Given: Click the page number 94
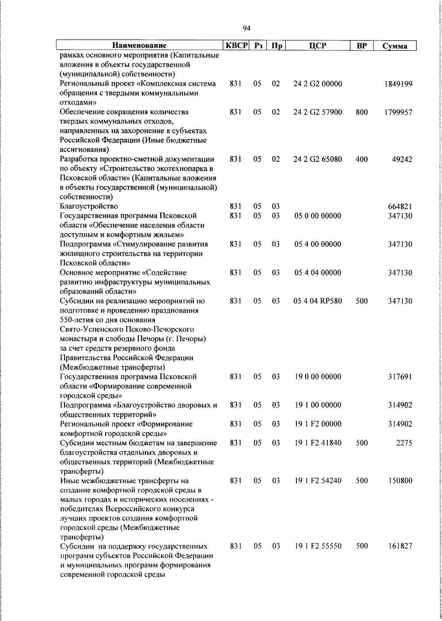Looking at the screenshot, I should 247,29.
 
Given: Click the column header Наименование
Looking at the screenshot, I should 139,46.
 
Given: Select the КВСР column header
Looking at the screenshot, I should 237,46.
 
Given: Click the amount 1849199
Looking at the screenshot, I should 398,84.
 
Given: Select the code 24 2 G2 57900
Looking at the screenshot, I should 318,112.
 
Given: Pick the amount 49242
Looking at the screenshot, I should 402,159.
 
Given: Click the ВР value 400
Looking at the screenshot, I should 362,159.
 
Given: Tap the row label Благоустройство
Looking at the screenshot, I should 89,206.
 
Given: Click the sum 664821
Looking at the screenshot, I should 400,207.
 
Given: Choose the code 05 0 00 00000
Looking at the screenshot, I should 318,216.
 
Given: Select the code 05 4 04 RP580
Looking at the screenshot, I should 318,301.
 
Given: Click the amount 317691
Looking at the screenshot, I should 400,377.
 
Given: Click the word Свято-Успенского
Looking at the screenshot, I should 91,329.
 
